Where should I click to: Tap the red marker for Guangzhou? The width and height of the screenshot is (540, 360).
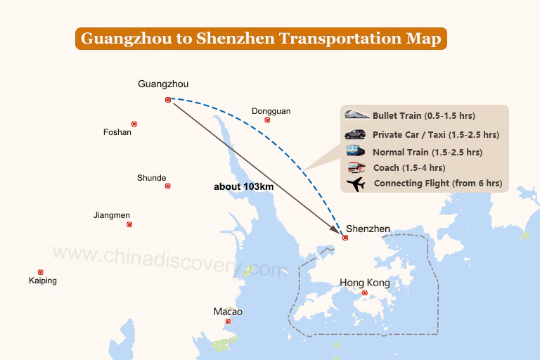click(x=167, y=100)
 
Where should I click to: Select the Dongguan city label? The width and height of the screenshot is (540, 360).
click(x=271, y=111)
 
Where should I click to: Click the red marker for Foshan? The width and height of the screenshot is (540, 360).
click(x=134, y=124)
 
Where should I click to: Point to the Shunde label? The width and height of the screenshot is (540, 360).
click(x=151, y=178)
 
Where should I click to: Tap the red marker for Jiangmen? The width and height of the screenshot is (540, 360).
click(x=129, y=224)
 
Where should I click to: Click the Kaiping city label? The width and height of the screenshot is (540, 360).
click(x=43, y=281)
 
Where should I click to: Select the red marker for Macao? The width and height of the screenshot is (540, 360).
click(x=228, y=321)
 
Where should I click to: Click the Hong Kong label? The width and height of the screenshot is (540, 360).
click(x=364, y=283)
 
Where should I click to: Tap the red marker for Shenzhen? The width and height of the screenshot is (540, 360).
click(x=345, y=238)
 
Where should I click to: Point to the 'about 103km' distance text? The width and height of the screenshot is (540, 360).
click(x=243, y=187)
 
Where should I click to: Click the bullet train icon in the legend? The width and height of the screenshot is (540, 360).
click(x=357, y=115)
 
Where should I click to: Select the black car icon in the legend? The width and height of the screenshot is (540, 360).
click(x=355, y=134)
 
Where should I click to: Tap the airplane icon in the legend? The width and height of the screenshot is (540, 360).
click(x=356, y=184)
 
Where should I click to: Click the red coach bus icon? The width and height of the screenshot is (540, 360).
click(x=356, y=167)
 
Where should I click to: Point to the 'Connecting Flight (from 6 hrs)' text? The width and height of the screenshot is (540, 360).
click(x=438, y=184)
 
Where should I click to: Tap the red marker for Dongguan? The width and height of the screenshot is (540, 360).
click(x=267, y=120)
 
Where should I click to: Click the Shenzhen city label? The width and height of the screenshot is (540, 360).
click(x=368, y=229)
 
